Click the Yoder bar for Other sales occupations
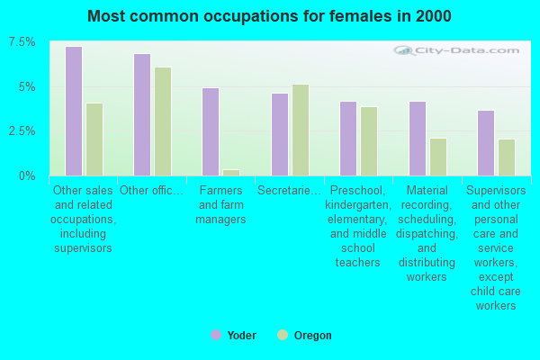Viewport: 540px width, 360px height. [x=74, y=111]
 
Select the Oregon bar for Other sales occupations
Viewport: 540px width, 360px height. [x=94, y=139]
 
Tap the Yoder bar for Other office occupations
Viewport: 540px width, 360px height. [x=142, y=114]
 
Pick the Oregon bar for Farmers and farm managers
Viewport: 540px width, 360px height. [x=231, y=172]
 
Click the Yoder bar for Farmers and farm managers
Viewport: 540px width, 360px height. [x=211, y=131]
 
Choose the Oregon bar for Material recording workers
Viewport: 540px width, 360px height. [x=438, y=157]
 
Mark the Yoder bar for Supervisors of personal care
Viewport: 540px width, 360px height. [x=486, y=143]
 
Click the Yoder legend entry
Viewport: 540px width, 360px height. [x=233, y=336]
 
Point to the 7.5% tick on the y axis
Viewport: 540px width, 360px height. [x=22, y=42]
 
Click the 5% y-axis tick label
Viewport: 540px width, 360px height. [x=28, y=87]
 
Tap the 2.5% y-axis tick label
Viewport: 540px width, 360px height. [x=22, y=131]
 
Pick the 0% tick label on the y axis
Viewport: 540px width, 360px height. [x=28, y=175]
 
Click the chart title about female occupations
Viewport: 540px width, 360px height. [x=270, y=16]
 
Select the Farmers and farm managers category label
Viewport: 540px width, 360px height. [x=221, y=204]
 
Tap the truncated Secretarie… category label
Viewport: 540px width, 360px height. [x=289, y=190]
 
